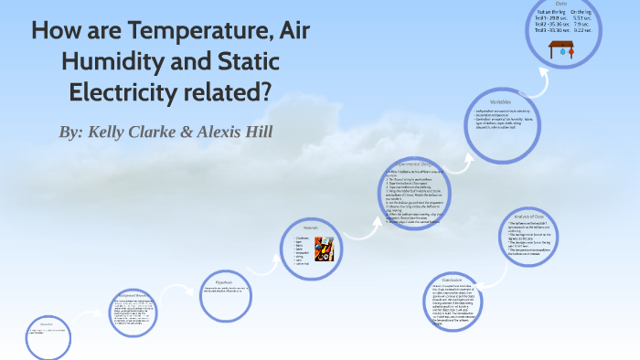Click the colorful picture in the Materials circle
[x=324, y=249]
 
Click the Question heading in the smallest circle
[x=46, y=323]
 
